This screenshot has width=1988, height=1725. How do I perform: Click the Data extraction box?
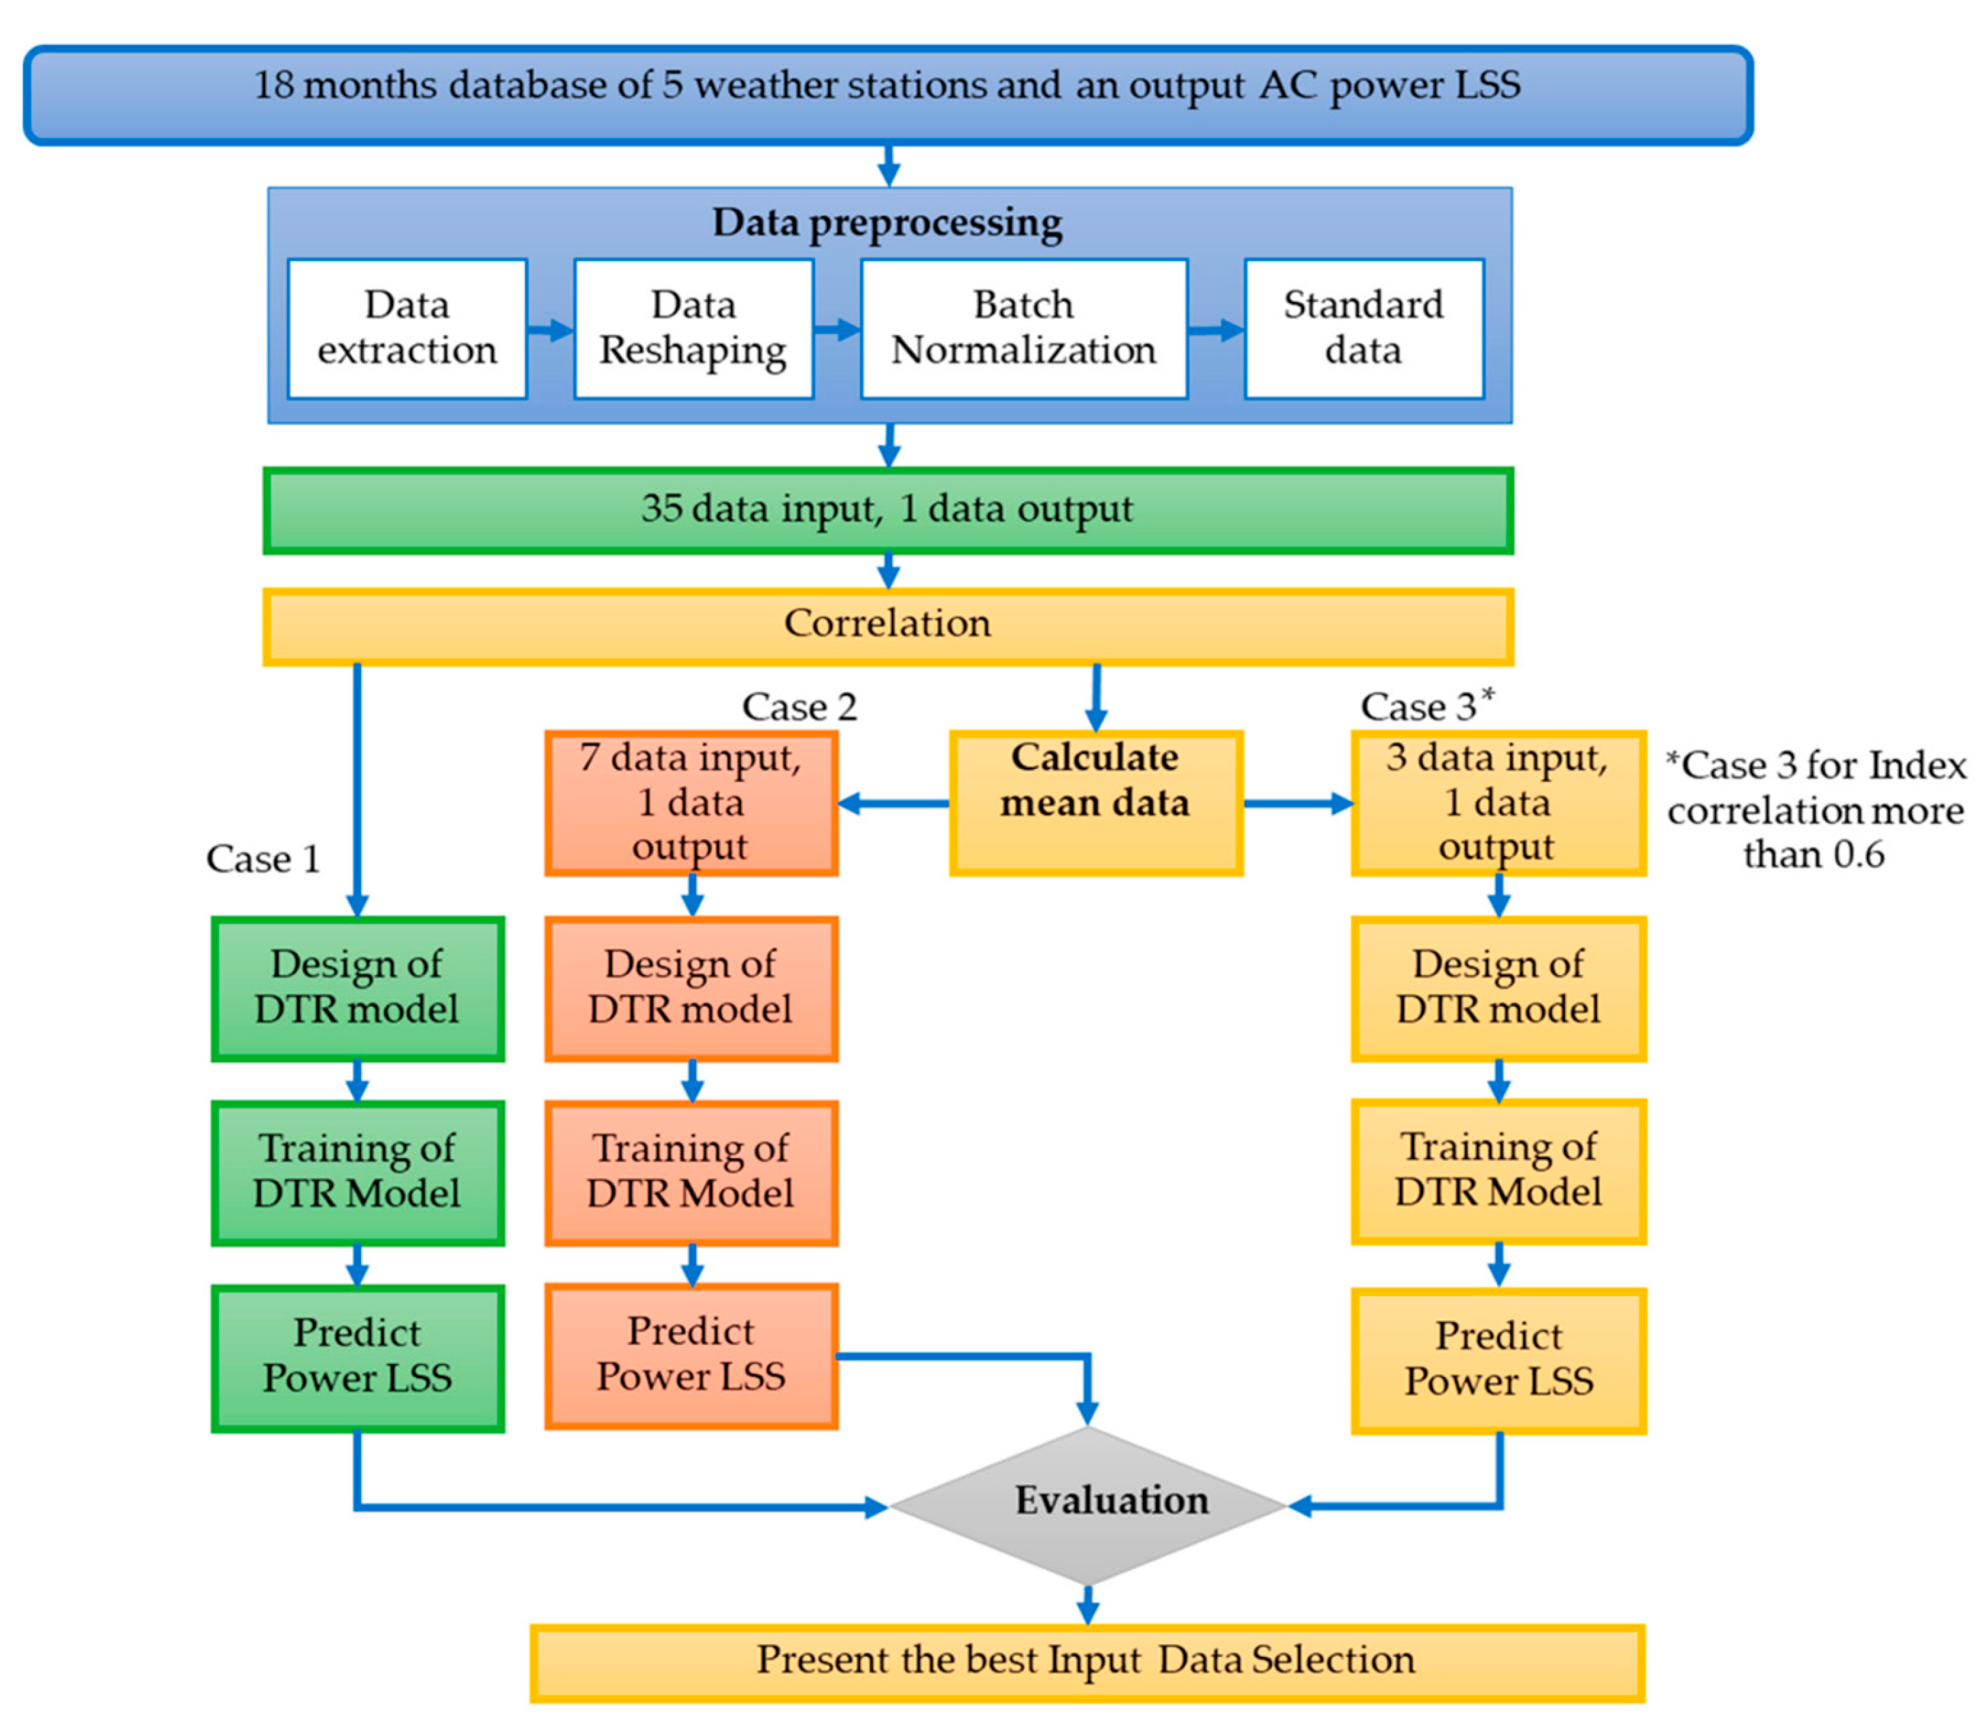[407, 328]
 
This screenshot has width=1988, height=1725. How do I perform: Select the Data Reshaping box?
[693, 328]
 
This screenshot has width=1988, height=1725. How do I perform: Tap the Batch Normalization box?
[1023, 328]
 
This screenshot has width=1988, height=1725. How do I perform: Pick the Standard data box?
[1363, 328]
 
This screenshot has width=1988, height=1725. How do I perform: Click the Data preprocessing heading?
[887, 222]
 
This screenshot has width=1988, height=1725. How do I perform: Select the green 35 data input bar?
[887, 510]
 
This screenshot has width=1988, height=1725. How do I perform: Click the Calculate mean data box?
[1095, 803]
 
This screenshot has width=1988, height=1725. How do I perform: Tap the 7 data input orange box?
[691, 803]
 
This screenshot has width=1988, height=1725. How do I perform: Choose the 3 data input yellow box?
[1498, 803]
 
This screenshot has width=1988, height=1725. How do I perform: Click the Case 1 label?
[262, 859]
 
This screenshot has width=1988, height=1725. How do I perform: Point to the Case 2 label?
[799, 708]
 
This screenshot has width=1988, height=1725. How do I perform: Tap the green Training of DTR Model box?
[357, 1172]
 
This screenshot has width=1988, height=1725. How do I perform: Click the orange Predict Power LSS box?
[691, 1355]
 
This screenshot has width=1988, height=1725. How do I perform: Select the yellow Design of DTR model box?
[1498, 988]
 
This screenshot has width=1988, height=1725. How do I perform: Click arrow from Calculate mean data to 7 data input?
[893, 803]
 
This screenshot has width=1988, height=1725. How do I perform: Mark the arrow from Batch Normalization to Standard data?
[1216, 330]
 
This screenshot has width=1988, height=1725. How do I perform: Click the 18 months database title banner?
[887, 95]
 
